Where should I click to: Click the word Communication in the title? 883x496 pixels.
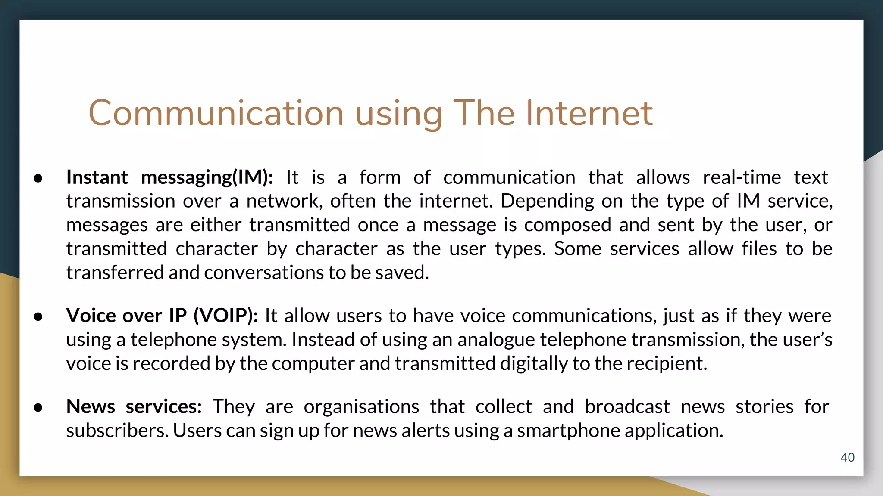[216, 113]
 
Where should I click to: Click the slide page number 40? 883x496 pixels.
[847, 457]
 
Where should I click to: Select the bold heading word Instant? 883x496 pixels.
[97, 177]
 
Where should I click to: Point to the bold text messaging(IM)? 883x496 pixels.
[207, 177]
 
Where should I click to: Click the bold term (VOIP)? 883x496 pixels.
[225, 316]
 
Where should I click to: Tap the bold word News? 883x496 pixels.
[91, 406]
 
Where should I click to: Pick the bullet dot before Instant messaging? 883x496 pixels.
[38, 178]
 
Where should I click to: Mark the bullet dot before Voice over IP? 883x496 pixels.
[38, 317]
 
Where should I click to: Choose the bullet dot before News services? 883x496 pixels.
[38, 408]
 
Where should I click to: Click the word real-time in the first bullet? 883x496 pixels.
[742, 177]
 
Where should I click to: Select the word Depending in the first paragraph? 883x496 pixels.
[547, 201]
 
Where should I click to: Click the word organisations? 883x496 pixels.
[361, 406]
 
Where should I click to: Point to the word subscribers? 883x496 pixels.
[117, 431]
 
